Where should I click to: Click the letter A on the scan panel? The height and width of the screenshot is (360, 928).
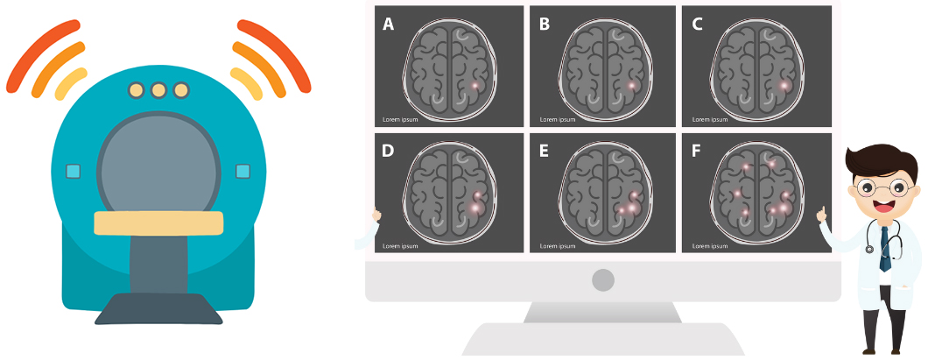tap(388, 25)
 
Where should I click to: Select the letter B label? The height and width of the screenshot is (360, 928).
tap(545, 25)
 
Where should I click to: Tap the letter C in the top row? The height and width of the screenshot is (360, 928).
tap(697, 25)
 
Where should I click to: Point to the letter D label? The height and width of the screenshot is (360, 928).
tap(388, 151)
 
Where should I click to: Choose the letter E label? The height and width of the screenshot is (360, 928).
tap(544, 151)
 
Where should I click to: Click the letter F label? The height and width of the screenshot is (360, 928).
tap(696, 151)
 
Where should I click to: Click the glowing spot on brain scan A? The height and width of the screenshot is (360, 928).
tap(475, 86)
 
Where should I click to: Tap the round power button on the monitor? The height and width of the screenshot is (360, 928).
tap(603, 280)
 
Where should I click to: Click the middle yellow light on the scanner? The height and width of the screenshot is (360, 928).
tap(158, 90)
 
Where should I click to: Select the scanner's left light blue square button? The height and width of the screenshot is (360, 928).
tap(74, 172)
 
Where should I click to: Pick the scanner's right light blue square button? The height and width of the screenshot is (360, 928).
tap(243, 171)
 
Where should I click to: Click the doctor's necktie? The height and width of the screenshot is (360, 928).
tap(885, 249)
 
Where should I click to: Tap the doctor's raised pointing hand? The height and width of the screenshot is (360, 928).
tap(822, 215)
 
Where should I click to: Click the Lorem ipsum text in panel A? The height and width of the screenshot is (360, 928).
tap(400, 119)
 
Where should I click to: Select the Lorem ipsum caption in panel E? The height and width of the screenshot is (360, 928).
tap(558, 246)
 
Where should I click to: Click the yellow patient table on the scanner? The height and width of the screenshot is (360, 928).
tap(158, 223)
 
